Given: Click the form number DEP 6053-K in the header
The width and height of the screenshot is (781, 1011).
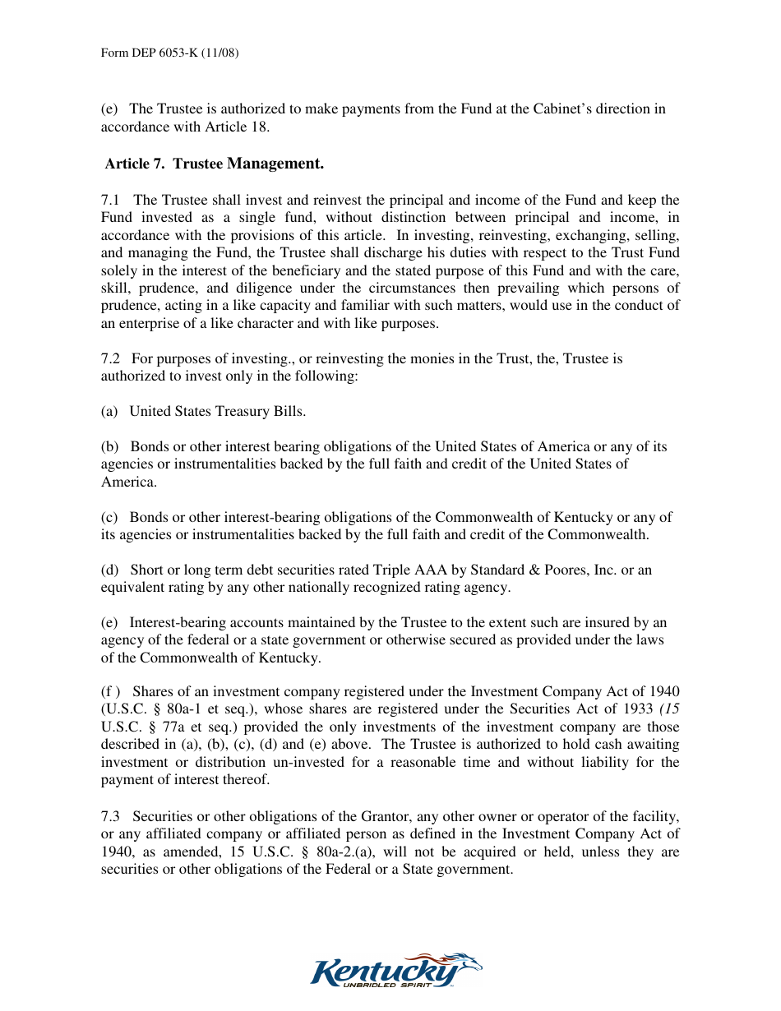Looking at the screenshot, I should click(x=169, y=53).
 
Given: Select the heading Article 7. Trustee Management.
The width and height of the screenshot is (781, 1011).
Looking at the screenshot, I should click(x=214, y=164).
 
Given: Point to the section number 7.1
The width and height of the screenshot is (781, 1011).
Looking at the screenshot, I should click(x=111, y=200).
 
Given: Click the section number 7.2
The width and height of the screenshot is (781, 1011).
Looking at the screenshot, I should click(x=111, y=358).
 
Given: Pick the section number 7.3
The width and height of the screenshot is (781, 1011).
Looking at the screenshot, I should click(x=111, y=816).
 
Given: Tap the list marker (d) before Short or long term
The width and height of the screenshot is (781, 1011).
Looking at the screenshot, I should click(x=109, y=570).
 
